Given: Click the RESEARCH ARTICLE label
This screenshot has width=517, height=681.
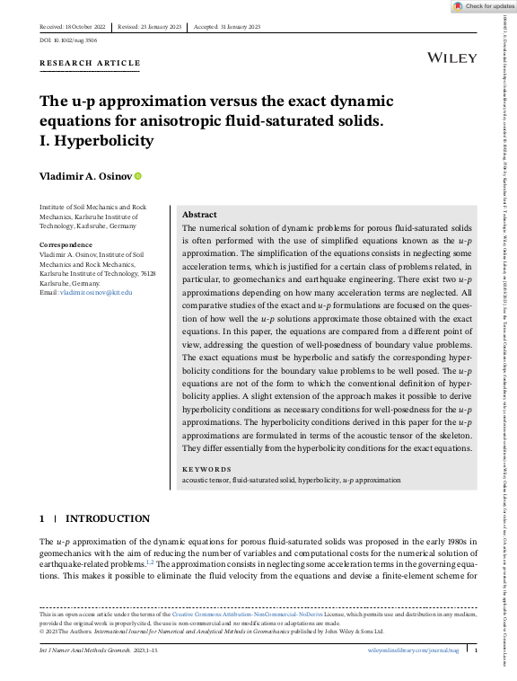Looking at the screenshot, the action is point(90,63).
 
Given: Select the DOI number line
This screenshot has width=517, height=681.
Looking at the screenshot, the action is point(68,40).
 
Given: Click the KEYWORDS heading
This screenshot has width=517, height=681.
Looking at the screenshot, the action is point(206,469).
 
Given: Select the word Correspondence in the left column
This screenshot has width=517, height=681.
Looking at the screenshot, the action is point(66,244).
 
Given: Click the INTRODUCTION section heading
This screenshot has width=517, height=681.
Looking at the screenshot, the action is point(108,518).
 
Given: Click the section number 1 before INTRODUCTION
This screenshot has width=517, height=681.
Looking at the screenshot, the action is point(42,518).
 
